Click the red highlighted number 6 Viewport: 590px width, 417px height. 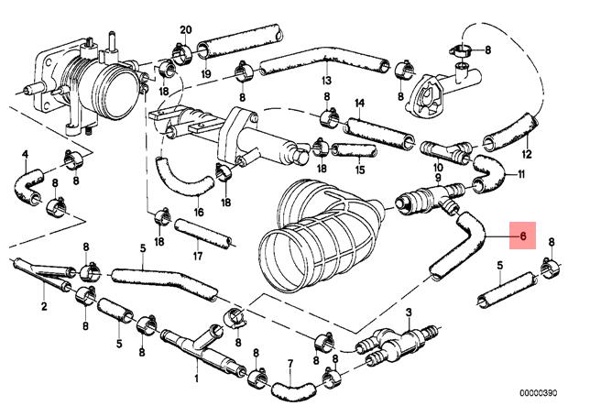click(x=522, y=236)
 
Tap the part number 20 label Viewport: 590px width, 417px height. click(x=185, y=29)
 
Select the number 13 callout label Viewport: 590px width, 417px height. click(x=326, y=80)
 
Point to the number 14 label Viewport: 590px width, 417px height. click(x=360, y=103)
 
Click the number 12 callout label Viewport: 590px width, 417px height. click(x=527, y=154)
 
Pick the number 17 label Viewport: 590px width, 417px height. click(x=198, y=257)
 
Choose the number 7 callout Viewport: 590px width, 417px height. click(x=290, y=364)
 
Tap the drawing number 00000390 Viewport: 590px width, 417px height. click(x=538, y=393)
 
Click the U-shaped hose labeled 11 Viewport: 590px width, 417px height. click(x=488, y=174)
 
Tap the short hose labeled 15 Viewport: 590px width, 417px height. click(x=354, y=150)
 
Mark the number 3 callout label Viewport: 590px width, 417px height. click(x=409, y=312)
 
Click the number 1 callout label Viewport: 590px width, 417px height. click(x=196, y=379)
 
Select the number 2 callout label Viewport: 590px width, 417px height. click(x=44, y=306)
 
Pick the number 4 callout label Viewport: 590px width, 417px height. click(x=26, y=154)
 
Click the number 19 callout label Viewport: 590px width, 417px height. click(x=206, y=73)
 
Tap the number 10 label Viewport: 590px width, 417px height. click(x=438, y=167)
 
